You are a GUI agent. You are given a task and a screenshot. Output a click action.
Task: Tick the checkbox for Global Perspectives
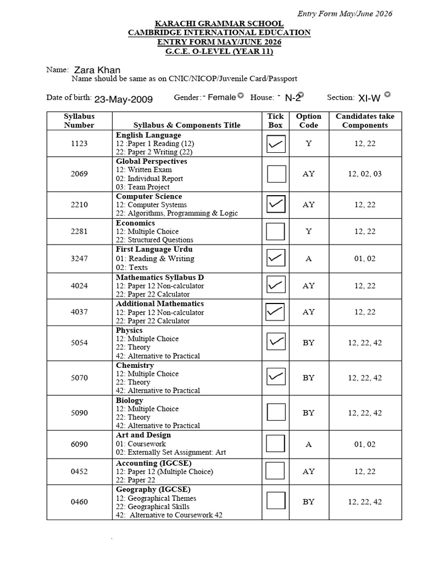(276, 174)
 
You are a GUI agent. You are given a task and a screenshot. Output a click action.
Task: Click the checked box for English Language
(276, 143)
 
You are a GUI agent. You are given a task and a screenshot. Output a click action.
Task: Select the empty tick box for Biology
(276, 412)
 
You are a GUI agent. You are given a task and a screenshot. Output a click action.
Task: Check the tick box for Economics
(276, 231)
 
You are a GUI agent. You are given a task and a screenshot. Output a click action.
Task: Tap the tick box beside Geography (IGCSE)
(276, 501)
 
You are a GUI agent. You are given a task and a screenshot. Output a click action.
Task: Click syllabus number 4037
(79, 312)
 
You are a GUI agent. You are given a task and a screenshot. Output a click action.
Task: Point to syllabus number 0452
(79, 471)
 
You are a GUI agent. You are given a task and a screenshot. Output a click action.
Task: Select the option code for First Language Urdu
(308, 258)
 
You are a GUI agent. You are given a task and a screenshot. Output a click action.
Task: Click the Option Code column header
(308, 120)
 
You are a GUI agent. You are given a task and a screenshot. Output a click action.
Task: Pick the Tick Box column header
(276, 120)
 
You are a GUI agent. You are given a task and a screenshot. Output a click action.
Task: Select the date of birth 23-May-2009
(124, 99)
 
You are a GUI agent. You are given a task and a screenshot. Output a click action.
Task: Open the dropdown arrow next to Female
(241, 97)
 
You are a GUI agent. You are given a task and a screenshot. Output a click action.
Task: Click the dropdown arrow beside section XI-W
(387, 95)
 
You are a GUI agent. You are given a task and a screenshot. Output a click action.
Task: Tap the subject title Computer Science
(149, 196)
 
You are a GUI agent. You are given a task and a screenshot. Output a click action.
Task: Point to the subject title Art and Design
(143, 435)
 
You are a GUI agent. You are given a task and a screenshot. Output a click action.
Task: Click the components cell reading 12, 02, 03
(365, 174)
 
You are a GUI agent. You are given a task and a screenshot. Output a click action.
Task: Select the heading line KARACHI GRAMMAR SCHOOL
(219, 24)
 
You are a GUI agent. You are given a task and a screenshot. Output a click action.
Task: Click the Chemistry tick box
(276, 377)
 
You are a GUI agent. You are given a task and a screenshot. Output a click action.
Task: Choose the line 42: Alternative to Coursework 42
(169, 515)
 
